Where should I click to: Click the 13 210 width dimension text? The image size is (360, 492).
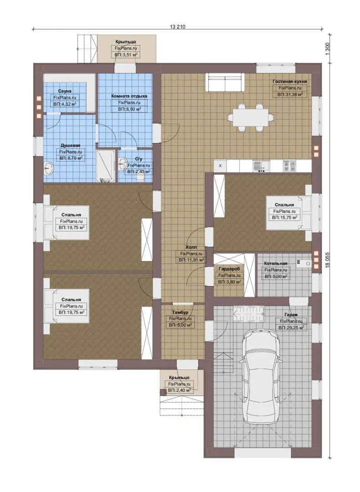(x=177, y=27)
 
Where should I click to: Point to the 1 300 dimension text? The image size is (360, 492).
(x=328, y=49)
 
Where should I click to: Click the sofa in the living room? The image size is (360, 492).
(x=225, y=82)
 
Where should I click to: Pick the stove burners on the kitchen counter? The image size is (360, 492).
(x=289, y=166)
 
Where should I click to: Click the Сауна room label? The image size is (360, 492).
(x=65, y=91)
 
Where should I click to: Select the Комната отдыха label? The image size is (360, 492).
(x=129, y=96)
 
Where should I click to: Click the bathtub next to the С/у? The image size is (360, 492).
(x=106, y=166)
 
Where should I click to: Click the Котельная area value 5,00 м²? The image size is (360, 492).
(x=276, y=277)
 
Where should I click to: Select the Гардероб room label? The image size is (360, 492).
(x=229, y=269)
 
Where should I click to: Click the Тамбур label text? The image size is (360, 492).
(x=180, y=313)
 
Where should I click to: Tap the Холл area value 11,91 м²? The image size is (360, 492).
(x=192, y=260)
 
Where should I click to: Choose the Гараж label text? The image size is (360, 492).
(x=291, y=314)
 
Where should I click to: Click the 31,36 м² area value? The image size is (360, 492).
(x=290, y=94)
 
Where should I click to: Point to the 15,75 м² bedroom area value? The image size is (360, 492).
(x=284, y=217)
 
